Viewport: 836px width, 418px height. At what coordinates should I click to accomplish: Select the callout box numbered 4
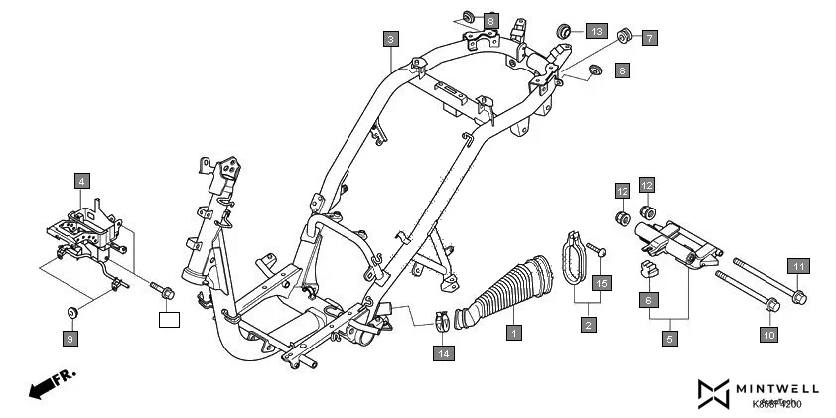click(81, 181)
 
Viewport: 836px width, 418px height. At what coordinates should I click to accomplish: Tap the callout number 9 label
click(70, 340)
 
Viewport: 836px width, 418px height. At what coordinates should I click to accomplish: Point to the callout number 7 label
click(649, 39)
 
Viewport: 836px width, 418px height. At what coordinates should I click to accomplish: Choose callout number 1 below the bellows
click(513, 332)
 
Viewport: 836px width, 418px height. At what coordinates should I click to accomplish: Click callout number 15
click(600, 283)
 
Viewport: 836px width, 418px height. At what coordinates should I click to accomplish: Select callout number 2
click(588, 324)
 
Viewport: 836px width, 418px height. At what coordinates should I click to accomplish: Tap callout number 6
click(647, 299)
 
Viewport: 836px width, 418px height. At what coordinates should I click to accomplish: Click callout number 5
click(669, 339)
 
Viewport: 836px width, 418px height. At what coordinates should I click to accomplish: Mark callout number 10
click(768, 336)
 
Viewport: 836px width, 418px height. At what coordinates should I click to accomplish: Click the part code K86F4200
click(776, 404)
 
